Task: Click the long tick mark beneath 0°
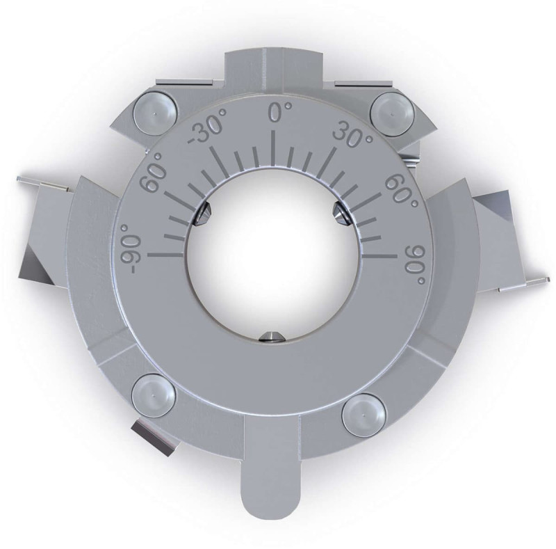tap(276, 146)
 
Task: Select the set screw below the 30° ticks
tap(341, 212)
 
